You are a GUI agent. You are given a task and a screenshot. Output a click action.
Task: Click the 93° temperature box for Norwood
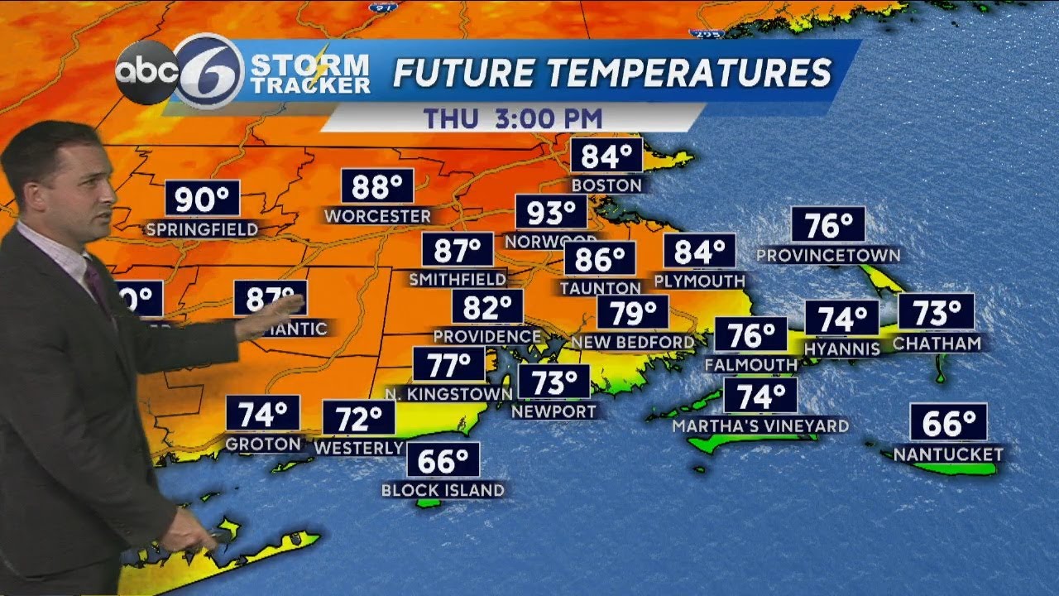551,213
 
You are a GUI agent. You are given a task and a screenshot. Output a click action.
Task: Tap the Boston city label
606,185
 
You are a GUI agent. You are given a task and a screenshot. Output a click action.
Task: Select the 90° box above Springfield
202,199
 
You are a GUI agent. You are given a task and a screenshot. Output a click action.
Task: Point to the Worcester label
377,217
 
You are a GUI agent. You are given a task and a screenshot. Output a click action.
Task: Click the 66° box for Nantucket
948,423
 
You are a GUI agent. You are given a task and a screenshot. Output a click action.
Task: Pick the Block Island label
443,490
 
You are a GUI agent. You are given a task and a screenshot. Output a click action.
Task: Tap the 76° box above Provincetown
828,225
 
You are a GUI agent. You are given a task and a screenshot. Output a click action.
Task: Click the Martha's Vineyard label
760,426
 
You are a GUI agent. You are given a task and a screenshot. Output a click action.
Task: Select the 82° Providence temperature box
487,307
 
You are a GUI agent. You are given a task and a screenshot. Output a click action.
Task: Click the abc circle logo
146,73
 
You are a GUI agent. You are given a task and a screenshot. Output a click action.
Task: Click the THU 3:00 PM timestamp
513,118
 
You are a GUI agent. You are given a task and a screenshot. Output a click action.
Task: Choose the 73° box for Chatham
936,313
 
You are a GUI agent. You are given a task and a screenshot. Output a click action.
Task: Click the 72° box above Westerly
358,419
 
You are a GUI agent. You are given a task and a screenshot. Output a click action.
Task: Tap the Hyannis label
842,349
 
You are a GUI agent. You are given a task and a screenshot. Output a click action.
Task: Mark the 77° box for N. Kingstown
448,363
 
